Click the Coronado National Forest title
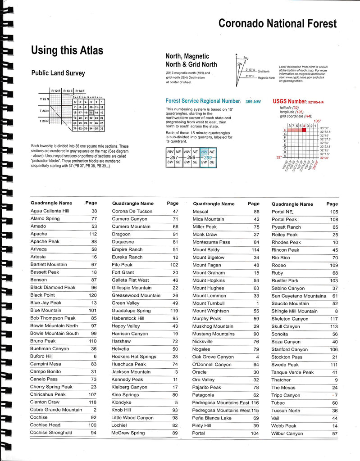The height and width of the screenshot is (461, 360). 277,23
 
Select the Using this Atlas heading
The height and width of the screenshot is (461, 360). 67,50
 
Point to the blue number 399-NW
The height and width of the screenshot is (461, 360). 253,102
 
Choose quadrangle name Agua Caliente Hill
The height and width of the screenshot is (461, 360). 50,211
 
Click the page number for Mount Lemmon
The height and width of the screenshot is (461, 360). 256,295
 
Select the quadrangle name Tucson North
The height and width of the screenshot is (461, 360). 286,411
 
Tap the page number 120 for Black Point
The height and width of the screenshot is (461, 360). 93,295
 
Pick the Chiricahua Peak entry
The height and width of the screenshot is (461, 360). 48,394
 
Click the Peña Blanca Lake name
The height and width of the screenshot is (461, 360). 212,418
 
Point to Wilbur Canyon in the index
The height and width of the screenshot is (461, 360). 287,434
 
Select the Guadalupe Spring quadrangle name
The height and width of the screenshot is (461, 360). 131,311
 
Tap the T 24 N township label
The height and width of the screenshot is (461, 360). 44,110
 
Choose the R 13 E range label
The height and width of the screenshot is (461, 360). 68,90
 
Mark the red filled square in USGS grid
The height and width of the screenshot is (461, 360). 304,130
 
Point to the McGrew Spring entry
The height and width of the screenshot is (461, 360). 128,433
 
